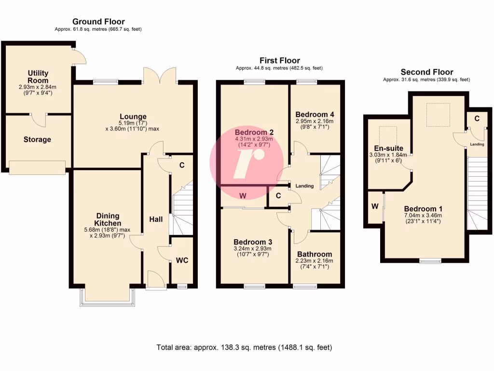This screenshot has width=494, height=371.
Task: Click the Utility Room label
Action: click(x=38, y=77)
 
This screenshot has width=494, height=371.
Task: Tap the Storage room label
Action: click(x=37, y=140)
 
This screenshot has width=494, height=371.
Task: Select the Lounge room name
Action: click(x=133, y=116)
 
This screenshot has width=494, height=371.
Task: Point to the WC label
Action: click(x=182, y=260)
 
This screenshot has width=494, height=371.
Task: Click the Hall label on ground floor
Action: click(x=156, y=219)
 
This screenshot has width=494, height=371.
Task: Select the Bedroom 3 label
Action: click(x=253, y=242)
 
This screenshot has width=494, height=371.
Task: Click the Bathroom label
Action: click(x=315, y=254)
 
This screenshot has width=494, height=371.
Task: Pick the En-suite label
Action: click(x=388, y=148)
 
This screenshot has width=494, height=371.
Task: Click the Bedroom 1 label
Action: click(x=423, y=209)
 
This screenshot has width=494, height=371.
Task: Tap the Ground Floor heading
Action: click(x=98, y=21)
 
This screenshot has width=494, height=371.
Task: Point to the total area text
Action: click(x=244, y=347)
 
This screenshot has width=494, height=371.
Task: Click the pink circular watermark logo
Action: click(x=246, y=159)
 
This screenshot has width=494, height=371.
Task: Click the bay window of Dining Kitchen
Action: click(x=108, y=298)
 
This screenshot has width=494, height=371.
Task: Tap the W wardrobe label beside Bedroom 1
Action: click(x=375, y=206)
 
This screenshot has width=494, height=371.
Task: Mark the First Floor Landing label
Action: click(x=304, y=186)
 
